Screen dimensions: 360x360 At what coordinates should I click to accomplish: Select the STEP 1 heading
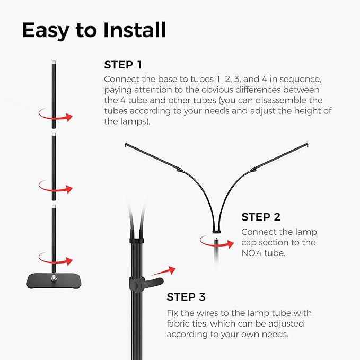(x=123, y=65)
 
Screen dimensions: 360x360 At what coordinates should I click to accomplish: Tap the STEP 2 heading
(x=261, y=217)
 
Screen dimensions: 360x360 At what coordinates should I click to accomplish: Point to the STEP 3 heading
(x=186, y=297)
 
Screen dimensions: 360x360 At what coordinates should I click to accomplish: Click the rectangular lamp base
(x=52, y=280)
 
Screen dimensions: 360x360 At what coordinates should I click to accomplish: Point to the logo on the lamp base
(x=54, y=276)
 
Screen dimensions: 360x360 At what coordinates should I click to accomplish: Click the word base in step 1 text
(x=161, y=78)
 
